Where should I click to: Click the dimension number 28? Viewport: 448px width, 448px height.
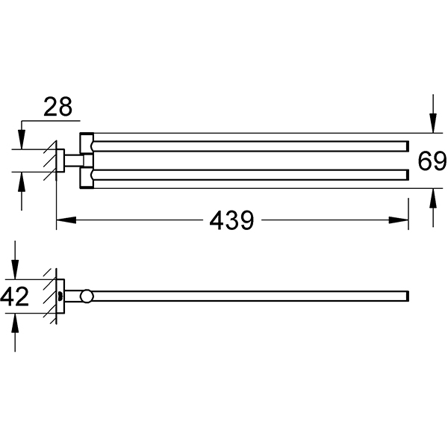click(x=57, y=107)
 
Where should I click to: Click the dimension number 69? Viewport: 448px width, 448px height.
click(x=432, y=161)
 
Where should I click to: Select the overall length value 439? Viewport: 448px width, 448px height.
click(x=231, y=220)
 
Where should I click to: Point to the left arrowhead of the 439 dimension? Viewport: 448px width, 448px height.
click(x=64, y=220)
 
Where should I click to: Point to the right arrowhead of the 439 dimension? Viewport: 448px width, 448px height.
click(x=402, y=220)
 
